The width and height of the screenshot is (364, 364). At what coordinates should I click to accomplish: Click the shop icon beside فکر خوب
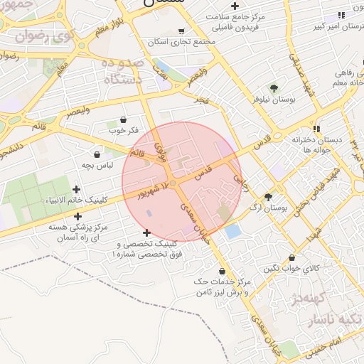click(x=124, y=120)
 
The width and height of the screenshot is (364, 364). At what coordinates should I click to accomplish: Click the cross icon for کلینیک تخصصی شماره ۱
click(x=146, y=232)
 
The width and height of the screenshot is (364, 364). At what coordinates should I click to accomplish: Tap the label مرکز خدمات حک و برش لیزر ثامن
click(x=222, y=287)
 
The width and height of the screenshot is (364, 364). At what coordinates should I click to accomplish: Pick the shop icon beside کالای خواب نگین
click(x=291, y=258)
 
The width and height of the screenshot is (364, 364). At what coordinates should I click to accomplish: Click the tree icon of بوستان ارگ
click(x=268, y=197)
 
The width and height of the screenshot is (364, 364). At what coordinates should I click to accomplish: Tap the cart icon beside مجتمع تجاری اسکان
click(x=181, y=31)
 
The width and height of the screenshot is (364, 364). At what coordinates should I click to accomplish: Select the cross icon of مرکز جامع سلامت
click(x=235, y=6)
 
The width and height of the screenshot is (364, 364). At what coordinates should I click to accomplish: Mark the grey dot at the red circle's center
click(x=173, y=183)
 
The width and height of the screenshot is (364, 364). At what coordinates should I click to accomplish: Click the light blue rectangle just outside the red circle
click(x=232, y=231)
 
